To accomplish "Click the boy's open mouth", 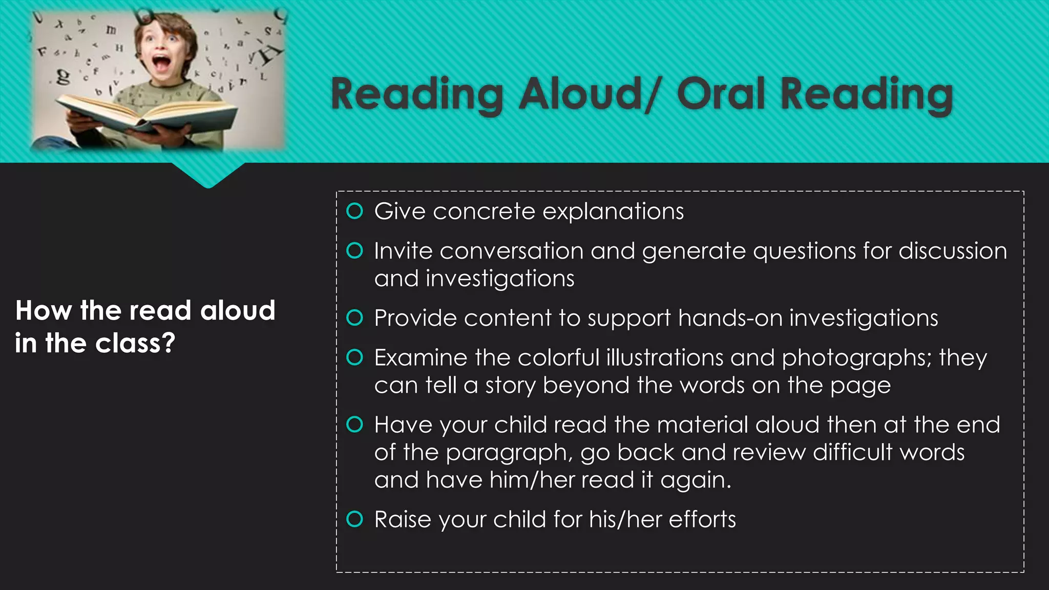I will point(163,65).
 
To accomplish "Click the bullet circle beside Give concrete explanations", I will point(354,211).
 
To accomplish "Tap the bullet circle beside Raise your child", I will point(354,519).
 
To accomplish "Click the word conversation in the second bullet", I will point(511,251).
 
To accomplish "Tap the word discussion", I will point(953,251).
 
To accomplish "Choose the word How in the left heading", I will point(44,310).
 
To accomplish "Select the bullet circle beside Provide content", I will point(354,318).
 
